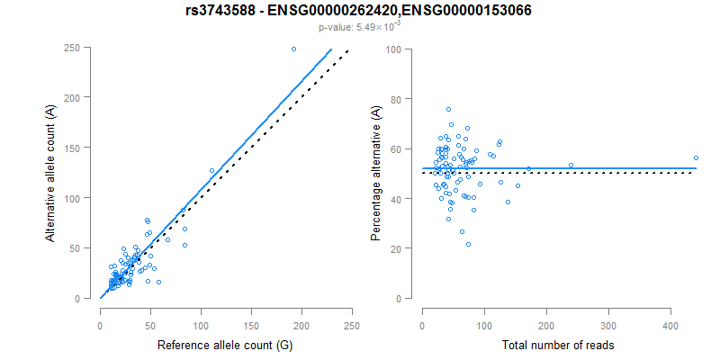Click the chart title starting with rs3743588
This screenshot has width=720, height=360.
(x=359, y=12)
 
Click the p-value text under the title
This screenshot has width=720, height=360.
(x=359, y=27)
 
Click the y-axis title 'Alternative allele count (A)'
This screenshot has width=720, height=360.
(x=51, y=174)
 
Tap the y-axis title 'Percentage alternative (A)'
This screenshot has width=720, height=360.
(x=375, y=174)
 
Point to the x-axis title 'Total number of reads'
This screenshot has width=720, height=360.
(x=550, y=345)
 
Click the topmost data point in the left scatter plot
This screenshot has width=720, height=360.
(x=293, y=49)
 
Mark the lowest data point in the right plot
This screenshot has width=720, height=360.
(x=468, y=244)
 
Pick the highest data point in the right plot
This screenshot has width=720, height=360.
(x=448, y=109)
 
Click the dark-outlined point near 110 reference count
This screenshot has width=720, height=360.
(x=212, y=170)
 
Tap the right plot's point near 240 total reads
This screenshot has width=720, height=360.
(x=571, y=165)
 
